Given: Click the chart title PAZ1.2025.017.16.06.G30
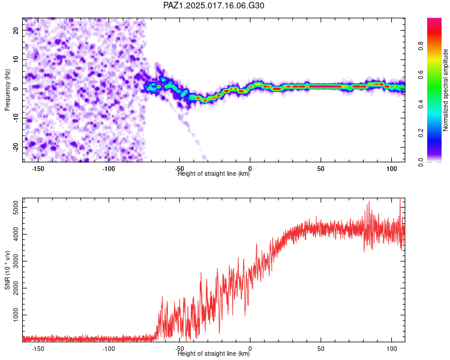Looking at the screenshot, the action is [x=214, y=5].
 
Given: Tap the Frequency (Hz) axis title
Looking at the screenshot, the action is [x=7, y=90].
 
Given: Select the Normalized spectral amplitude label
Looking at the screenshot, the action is [x=445, y=90].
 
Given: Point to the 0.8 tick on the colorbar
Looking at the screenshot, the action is [x=421, y=46].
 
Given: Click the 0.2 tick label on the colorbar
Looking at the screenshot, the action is [x=421, y=133].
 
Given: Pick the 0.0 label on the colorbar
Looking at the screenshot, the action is [x=421, y=162].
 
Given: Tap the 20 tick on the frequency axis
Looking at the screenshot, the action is [x=16, y=31].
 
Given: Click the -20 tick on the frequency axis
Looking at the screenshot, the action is [x=16, y=147].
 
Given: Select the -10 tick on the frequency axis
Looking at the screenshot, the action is [x=16, y=118].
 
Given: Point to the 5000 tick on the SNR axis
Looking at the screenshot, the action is [x=16, y=207].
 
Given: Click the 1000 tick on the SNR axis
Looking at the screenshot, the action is [x=16, y=315].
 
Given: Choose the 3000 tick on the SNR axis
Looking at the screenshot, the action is [x=16, y=261].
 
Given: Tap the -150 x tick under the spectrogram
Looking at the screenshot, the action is [x=38, y=169].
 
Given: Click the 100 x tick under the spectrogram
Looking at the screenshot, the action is [x=392, y=169].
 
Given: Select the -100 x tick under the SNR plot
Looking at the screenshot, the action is [x=109, y=349].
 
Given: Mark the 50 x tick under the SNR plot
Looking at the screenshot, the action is [x=321, y=349].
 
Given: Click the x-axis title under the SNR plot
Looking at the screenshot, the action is [x=214, y=353].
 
